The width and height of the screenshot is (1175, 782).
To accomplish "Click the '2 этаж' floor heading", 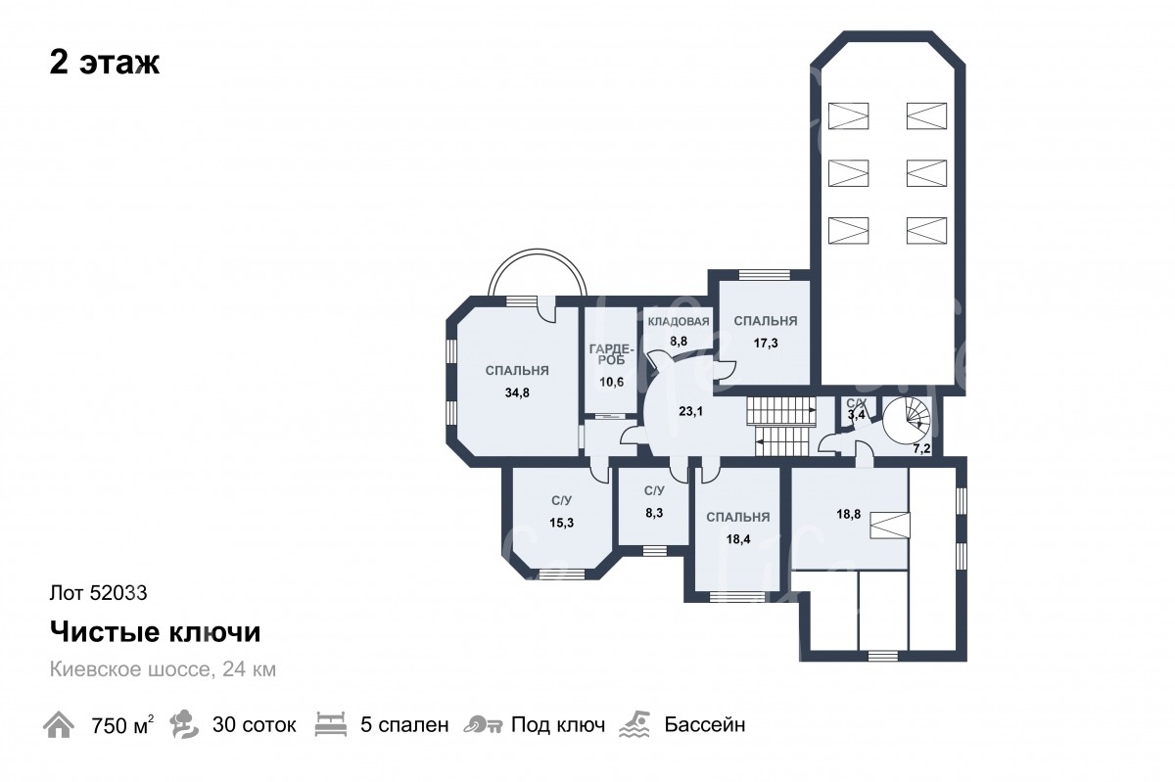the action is (105, 63).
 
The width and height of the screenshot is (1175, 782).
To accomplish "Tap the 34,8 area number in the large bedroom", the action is (517, 392).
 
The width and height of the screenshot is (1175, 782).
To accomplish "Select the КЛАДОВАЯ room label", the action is (679, 321).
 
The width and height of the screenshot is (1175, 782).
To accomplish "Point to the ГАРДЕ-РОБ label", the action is (612, 354).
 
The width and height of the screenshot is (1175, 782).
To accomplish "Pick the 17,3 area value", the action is (766, 344).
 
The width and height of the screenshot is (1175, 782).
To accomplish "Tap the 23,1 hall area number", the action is (690, 412).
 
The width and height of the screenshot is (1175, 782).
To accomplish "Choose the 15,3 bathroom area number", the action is (561, 523).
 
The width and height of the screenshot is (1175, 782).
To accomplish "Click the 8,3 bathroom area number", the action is (654, 513).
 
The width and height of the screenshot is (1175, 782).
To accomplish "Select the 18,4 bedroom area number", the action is (737, 539).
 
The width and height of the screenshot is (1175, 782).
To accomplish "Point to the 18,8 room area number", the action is (848, 515).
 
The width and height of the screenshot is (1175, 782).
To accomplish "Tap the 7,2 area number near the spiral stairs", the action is (921, 449).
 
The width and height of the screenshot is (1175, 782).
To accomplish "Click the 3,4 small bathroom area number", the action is (857, 415).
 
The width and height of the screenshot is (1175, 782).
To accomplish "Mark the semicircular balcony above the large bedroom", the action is (538, 251).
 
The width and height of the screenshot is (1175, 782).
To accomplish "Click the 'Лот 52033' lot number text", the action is (98, 593).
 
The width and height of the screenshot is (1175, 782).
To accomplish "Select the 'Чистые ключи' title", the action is (155, 631).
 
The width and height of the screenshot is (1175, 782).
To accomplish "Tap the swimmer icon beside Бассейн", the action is (634, 724).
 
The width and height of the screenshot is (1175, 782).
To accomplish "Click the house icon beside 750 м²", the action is (59, 724).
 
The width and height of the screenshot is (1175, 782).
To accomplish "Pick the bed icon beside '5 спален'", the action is (331, 724).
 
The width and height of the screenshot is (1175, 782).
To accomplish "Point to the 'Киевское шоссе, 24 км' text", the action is (163, 669).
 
